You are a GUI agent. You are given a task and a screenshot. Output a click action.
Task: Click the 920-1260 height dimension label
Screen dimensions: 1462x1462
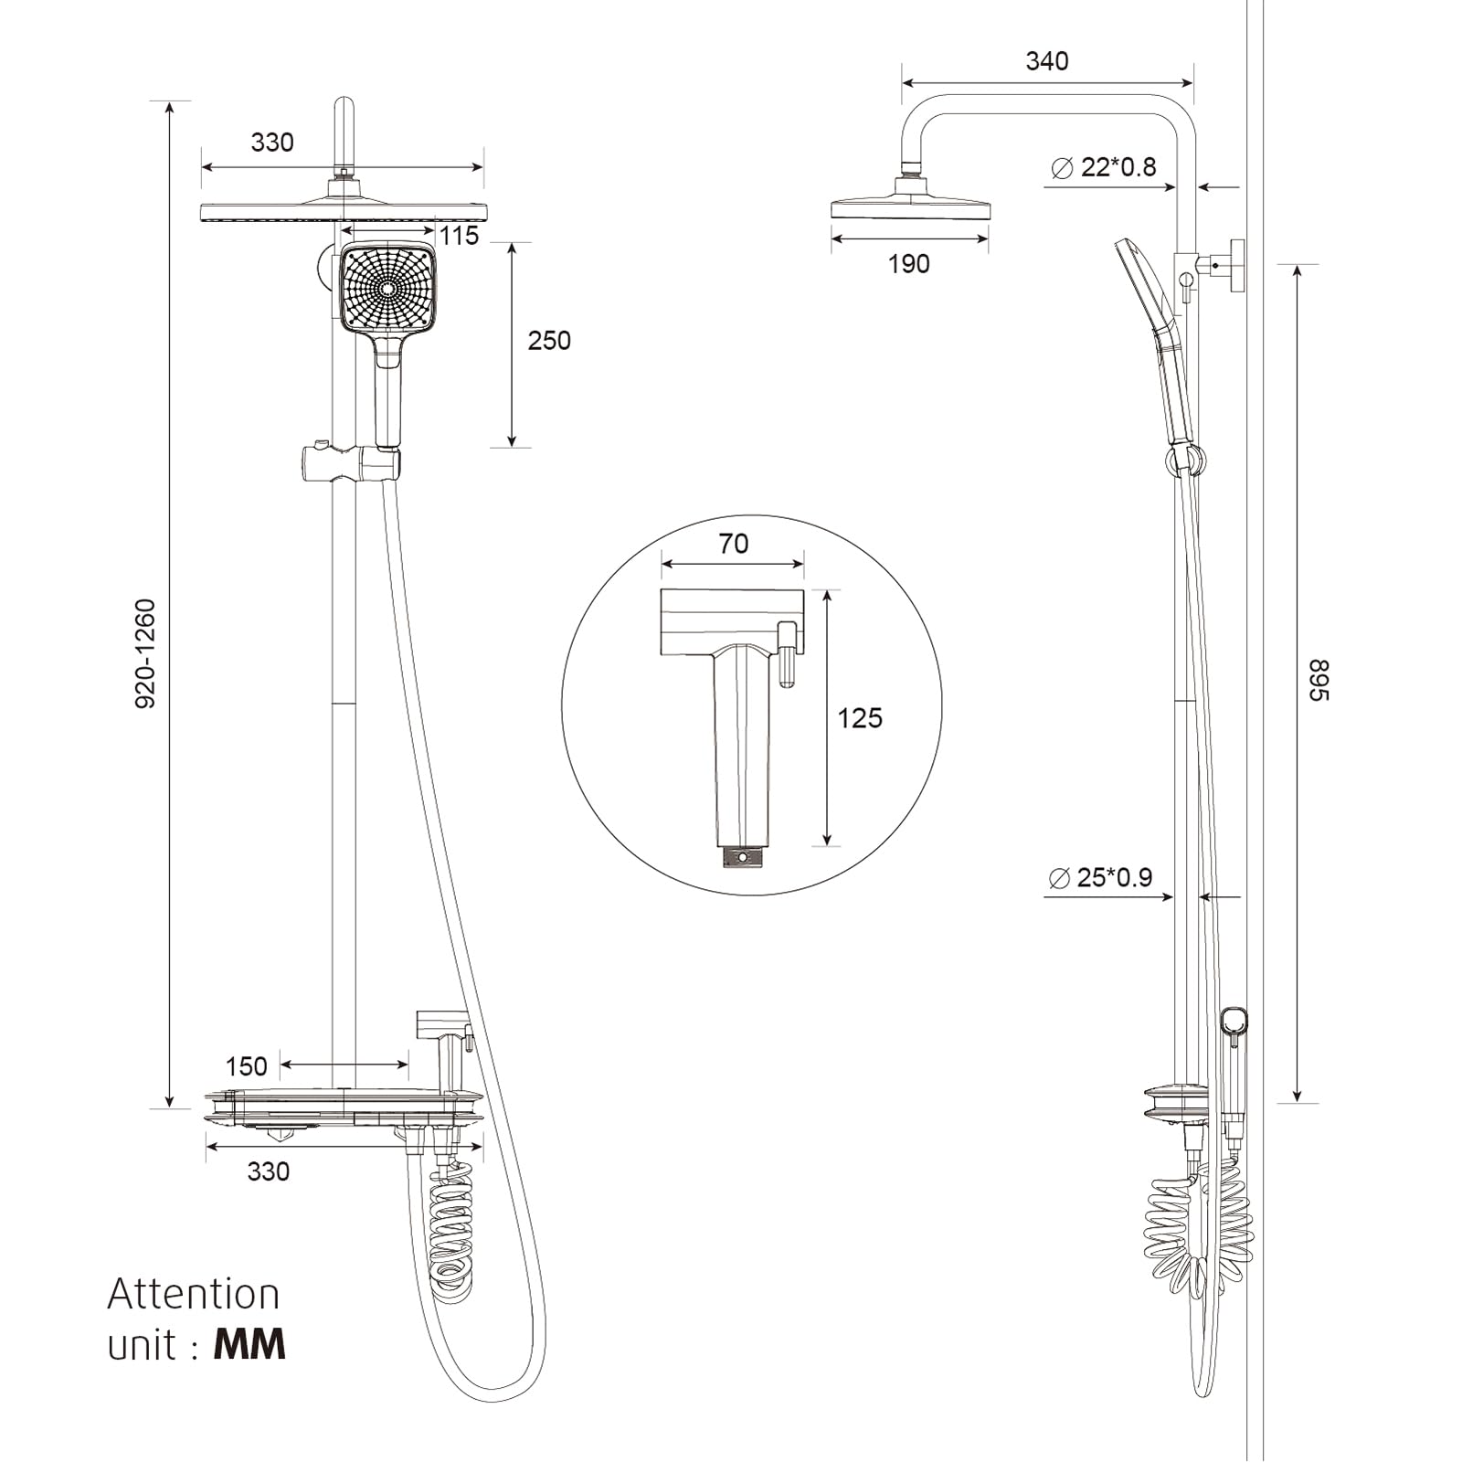pos(146,652)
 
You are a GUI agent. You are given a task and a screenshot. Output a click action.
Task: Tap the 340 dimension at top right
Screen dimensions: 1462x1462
pos(1046,61)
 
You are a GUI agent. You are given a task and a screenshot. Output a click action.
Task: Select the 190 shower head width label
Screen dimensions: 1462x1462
pos(908,264)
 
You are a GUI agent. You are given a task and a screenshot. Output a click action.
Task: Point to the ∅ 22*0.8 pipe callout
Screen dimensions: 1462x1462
pos(1104,167)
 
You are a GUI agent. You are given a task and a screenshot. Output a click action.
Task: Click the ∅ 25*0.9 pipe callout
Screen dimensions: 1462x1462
pos(1101,877)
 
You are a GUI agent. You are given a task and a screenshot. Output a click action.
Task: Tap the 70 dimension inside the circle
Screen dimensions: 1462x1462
pos(734,544)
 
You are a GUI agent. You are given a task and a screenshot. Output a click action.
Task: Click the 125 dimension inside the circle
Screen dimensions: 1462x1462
pos(860,718)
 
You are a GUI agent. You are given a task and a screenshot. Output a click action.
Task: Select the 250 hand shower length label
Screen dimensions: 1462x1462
pos(548,341)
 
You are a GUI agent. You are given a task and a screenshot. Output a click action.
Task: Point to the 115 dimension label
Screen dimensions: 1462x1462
pos(459,236)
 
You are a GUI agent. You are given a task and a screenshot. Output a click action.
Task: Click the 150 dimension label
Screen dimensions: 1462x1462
pos(246,1066)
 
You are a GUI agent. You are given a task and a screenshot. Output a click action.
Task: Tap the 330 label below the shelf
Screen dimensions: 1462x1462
pos(268,1171)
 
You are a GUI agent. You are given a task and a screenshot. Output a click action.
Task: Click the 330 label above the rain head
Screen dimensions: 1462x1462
pos(272,143)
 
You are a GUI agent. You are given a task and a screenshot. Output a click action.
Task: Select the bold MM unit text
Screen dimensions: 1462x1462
pos(249,1345)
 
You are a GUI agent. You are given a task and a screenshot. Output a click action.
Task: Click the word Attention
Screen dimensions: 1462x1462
pos(194,1295)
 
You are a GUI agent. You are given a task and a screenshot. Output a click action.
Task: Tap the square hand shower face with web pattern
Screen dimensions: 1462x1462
pos(388,288)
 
